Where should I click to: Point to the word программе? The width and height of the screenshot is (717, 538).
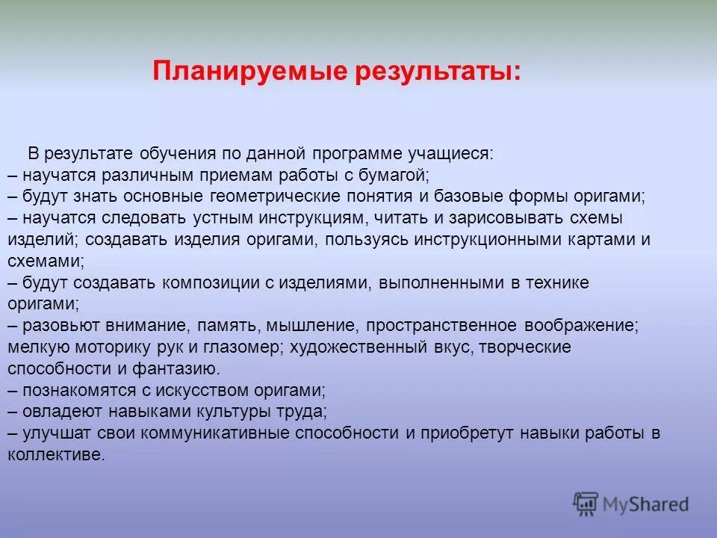(x=358, y=154)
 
